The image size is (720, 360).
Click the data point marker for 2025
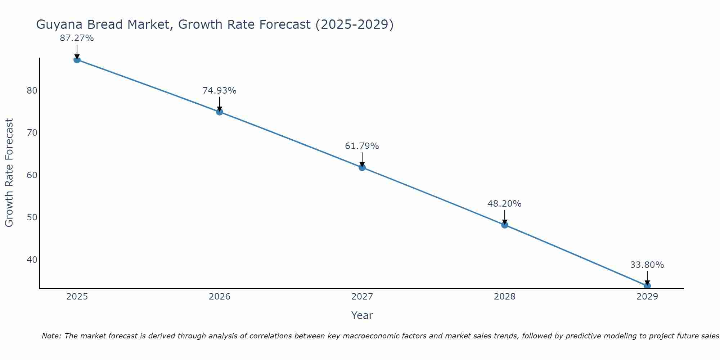[77, 60]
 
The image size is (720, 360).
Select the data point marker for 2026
[220, 112]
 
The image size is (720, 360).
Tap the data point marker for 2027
[362, 167]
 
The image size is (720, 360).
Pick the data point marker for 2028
[505, 225]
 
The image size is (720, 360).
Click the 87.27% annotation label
[77, 38]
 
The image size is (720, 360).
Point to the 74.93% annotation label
[219, 91]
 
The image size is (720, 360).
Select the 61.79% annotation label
[362, 146]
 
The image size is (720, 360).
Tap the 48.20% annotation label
[504, 204]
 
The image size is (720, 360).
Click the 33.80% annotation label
[647, 265]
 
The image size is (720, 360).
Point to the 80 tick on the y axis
[32, 90]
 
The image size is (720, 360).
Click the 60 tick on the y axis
[32, 175]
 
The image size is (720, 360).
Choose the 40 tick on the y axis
[32, 260]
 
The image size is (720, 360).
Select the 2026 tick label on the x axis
[220, 297]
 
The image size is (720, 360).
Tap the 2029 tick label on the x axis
[647, 297]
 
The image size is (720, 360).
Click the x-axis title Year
[362, 315]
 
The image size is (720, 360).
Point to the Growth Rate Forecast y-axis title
[9, 173]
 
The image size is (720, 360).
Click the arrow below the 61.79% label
[362, 159]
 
